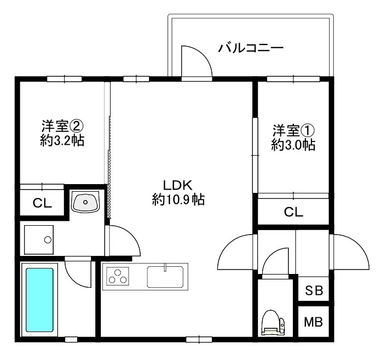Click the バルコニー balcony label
251,48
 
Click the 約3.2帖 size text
61,141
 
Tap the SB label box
314,290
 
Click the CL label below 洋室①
293,212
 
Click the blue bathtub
39,300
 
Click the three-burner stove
117,276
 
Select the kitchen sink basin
167,275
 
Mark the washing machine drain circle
48,239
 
